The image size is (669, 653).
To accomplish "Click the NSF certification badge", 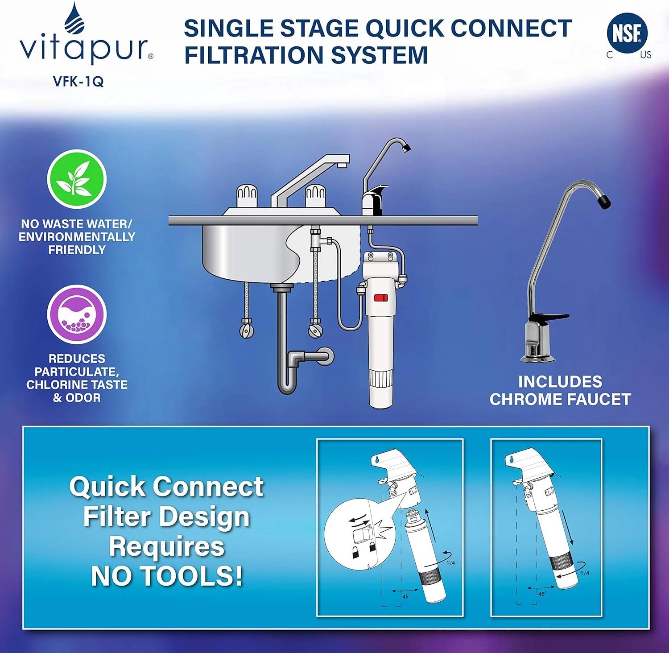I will coord(627,34).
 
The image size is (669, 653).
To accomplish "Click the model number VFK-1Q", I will coord(78,82).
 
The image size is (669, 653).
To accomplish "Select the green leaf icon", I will coord(77,179).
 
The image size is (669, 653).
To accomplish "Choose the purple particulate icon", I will coord(77,314).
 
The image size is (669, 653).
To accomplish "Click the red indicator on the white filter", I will coord(380,298).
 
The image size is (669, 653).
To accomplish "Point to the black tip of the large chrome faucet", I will coord(604,201).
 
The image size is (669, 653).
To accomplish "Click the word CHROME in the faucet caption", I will coord(527,399).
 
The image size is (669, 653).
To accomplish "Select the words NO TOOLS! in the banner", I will coord(167,576).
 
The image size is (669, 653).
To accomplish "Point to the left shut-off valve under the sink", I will coord(247,331).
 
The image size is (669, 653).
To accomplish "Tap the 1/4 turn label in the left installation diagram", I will coord(450,563).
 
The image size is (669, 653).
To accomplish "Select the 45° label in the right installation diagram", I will coord(541,594).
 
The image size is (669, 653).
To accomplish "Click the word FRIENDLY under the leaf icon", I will coord(77,250).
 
